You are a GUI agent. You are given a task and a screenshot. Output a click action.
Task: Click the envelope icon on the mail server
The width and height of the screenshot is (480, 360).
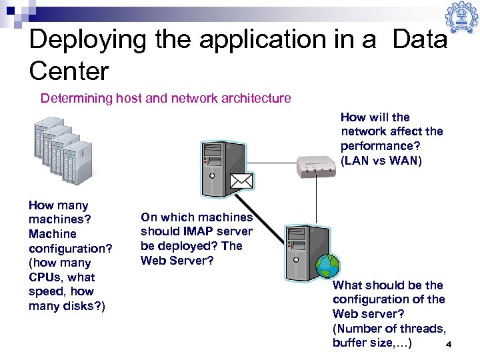tap(242, 181)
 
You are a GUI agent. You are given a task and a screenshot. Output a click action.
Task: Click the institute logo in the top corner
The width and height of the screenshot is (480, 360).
tap(462, 17)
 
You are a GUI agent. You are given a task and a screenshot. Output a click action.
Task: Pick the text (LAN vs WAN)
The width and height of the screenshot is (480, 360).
tap(381, 160)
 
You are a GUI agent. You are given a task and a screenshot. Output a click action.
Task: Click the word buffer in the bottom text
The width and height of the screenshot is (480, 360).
tap(350, 343)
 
